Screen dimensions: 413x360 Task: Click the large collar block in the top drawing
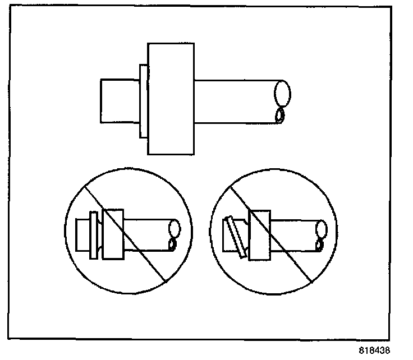172,98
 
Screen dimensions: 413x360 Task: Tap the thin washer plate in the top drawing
143,101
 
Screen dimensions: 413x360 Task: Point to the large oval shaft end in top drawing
283,93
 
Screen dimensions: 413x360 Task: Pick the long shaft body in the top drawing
236,101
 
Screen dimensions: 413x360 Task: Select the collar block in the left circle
113,234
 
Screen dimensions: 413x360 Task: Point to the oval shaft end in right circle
322,228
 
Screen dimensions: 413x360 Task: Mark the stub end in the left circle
82,234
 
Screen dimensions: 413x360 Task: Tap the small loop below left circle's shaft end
172,244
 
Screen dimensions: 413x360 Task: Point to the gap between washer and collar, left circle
100,234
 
